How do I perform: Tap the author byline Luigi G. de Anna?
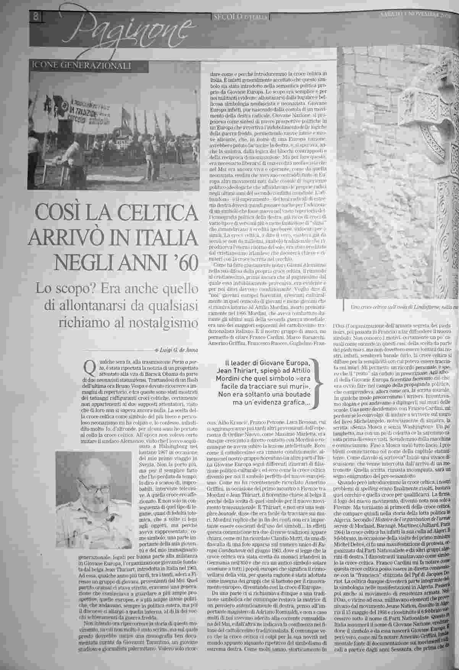tap(179, 350)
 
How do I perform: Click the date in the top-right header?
tap(416, 16)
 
